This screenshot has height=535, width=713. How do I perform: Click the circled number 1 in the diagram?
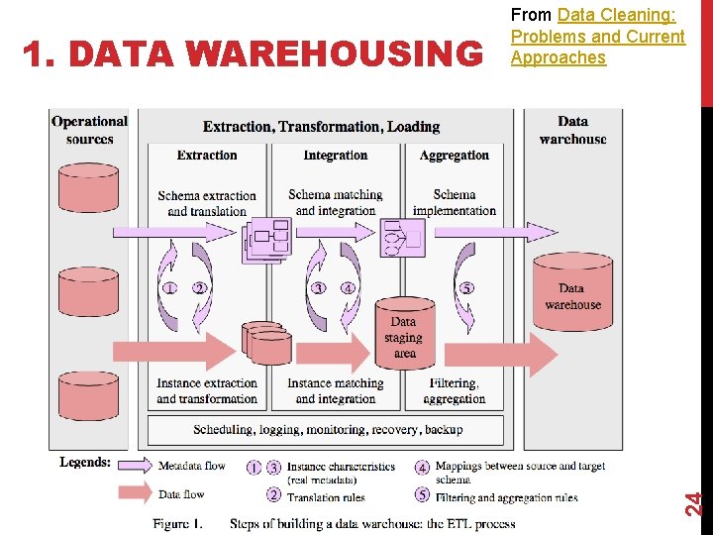170,288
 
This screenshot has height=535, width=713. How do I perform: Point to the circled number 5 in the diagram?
466,288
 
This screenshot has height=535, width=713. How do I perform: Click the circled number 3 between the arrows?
319,288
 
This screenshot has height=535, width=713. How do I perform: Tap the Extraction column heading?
207,156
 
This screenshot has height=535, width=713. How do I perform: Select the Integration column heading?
336,156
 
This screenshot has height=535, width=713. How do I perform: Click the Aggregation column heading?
455,156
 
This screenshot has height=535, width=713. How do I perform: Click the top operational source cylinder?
89,186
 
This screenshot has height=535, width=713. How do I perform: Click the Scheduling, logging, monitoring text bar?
328,430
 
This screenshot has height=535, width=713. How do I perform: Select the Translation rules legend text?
326,497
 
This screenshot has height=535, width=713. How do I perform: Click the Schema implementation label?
455,203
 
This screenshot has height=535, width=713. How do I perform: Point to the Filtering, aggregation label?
455,391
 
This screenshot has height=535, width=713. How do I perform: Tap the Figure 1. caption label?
177,522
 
